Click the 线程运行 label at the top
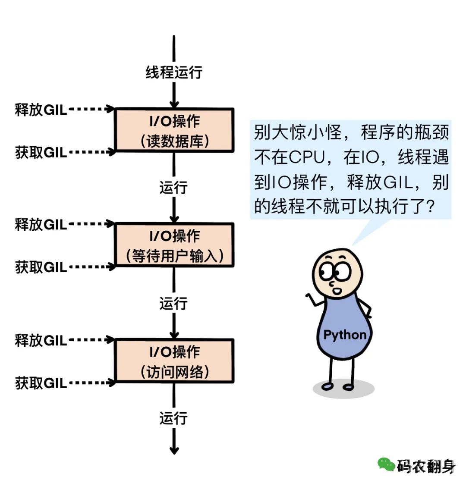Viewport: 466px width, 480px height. (x=173, y=72)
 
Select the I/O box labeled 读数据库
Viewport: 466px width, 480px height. (x=174, y=130)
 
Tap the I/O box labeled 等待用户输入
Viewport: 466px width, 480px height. (x=174, y=245)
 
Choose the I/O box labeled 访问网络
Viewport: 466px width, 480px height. (x=174, y=361)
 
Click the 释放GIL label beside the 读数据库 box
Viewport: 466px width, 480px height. (x=41, y=110)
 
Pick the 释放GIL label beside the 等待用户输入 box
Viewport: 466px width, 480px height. (x=41, y=224)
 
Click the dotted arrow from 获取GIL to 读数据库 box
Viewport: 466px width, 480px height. (x=91, y=152)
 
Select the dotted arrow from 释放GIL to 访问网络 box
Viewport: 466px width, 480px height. (x=91, y=341)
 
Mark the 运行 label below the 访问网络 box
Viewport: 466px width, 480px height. (x=173, y=418)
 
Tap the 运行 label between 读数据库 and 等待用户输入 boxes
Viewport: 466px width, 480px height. (x=173, y=188)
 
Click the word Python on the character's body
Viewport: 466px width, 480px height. (x=345, y=335)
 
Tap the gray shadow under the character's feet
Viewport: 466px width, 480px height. (x=343, y=389)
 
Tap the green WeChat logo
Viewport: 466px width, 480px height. (x=386, y=464)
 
